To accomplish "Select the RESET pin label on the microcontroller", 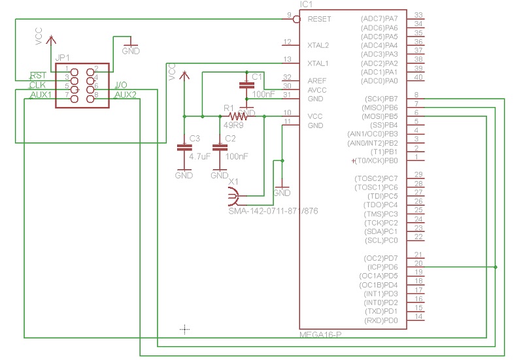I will pos(319,19).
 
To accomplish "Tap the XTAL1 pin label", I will pos(318,63).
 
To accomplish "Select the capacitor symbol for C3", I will pos(184,148).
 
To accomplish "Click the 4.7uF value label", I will pos(199,157).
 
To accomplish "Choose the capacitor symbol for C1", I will pos(246,86).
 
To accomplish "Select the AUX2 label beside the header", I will pos(126,95).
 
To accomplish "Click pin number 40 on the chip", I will pos(419,78).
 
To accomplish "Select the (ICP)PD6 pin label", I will pos(383,267).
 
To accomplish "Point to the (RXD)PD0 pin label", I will pos(382,320).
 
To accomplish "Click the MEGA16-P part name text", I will pos(320,335).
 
